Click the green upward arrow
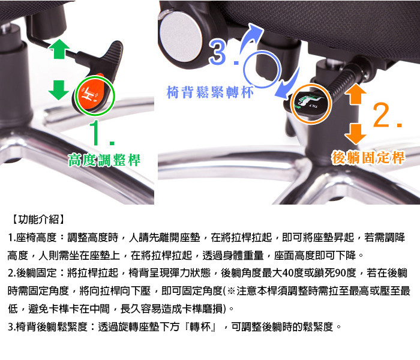click(x=59, y=49)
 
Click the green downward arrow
click(x=59, y=90)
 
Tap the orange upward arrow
click(x=355, y=94)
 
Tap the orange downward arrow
click(x=355, y=134)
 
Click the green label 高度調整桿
click(x=104, y=160)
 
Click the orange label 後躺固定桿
click(x=368, y=157)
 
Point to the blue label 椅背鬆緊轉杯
click(x=210, y=92)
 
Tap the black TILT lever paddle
click(x=311, y=103)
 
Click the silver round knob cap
click(x=181, y=36)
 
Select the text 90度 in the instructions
click(x=346, y=273)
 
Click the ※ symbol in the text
click(x=231, y=291)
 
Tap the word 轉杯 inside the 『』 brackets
click(x=200, y=327)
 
